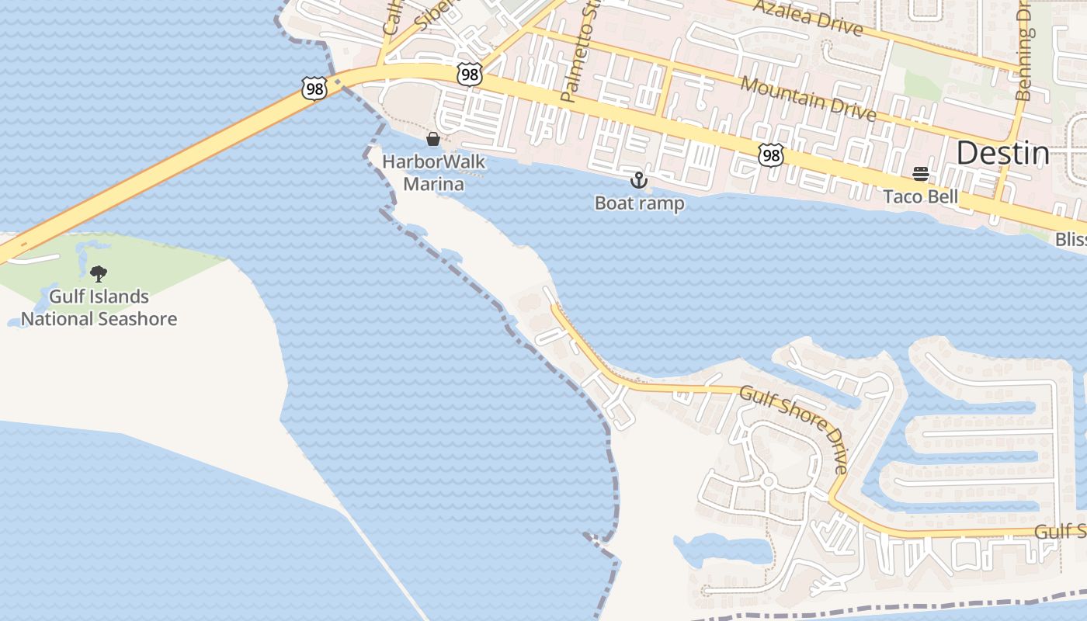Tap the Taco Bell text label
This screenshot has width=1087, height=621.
point(920,196)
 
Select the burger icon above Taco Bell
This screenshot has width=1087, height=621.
point(921,174)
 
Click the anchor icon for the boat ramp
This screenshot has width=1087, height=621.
point(638,181)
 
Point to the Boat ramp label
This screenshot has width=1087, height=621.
point(639,203)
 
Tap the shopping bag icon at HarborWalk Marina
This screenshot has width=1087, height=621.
point(433,139)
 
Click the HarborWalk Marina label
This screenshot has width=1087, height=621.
point(433,173)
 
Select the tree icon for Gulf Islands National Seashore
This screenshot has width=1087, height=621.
point(99,273)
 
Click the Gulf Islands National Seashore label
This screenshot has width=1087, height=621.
point(99,307)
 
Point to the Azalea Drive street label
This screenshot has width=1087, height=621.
point(808,18)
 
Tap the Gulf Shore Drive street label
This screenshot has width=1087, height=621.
point(794,428)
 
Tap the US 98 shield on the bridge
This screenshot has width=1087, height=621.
point(314,88)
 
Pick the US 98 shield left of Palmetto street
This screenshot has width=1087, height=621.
point(469,75)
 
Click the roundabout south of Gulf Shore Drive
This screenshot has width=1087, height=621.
point(767,482)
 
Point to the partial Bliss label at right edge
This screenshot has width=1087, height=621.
point(1071,241)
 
